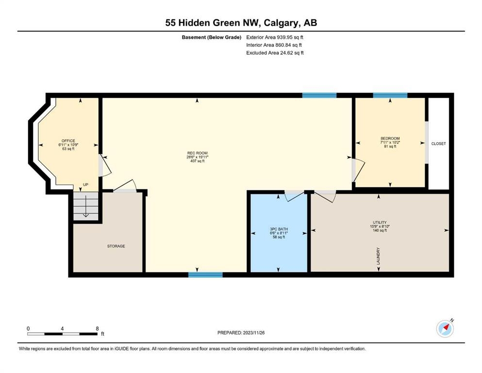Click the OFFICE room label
(x=68, y=141)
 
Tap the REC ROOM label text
(x=198, y=153)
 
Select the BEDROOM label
(x=390, y=138)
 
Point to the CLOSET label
(x=438, y=144)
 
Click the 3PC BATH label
(x=279, y=229)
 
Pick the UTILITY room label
(x=380, y=222)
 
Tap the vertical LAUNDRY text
(x=378, y=256)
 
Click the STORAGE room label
(x=116, y=246)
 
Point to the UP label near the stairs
(x=85, y=185)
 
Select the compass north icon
(x=445, y=328)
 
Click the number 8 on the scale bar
(x=97, y=328)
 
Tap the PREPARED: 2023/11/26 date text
(x=241, y=333)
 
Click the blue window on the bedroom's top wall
(x=390, y=95)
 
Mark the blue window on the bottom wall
(x=205, y=274)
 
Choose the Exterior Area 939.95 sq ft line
(x=275, y=37)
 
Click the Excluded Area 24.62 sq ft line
(x=275, y=52)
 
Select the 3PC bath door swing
(x=294, y=196)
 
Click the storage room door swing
(x=125, y=186)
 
